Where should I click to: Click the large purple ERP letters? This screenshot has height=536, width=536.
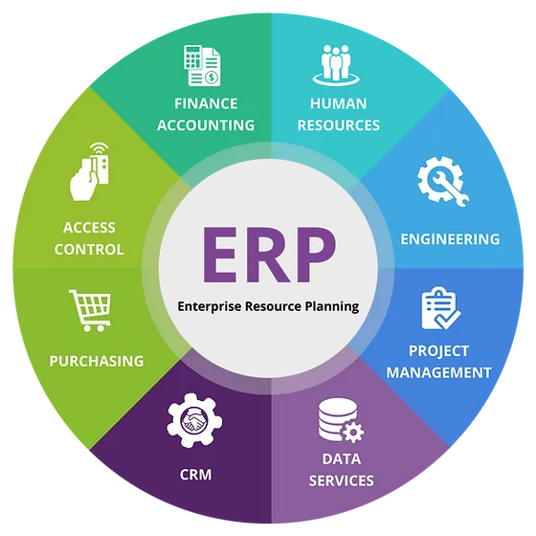[x=269, y=255]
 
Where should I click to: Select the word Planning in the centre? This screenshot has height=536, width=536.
[x=331, y=306]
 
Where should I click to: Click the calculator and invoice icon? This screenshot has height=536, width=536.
[x=202, y=65]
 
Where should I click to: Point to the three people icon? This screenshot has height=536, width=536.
[x=336, y=65]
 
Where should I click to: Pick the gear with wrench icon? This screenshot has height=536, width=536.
[x=443, y=181]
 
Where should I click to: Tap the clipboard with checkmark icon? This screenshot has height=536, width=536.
[x=440, y=308]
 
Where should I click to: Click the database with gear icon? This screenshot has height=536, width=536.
[x=341, y=420]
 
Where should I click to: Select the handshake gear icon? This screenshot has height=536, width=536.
[x=194, y=420]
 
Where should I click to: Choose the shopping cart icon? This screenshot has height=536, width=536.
[x=91, y=310]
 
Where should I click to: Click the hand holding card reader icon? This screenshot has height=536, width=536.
[x=90, y=171]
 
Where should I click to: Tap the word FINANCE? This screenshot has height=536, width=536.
[x=206, y=104]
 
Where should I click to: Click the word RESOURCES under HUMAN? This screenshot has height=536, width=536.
[x=339, y=125]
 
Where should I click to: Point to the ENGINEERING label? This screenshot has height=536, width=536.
[x=450, y=239]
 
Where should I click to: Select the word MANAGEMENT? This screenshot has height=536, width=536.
[x=439, y=372]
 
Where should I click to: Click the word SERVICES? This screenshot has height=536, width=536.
[x=341, y=480]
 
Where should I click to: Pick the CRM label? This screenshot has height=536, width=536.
[x=195, y=475]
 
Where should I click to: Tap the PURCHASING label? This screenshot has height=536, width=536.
[x=97, y=362]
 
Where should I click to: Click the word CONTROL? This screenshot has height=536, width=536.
[x=89, y=250]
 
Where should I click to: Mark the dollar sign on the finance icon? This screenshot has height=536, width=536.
[x=212, y=78]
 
